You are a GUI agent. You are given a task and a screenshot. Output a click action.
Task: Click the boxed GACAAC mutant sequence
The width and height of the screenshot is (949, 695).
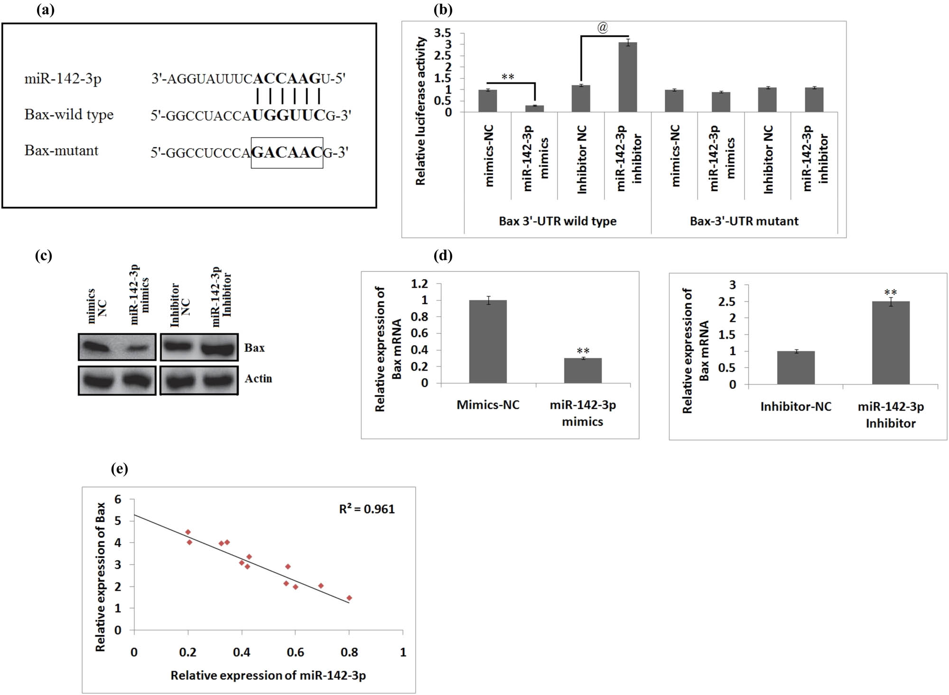pyautogui.click(x=287, y=152)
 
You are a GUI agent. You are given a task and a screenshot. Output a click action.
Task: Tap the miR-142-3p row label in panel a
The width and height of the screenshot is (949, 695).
pyautogui.click(x=63, y=78)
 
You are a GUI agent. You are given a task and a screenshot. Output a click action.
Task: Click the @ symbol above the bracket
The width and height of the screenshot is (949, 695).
pyautogui.click(x=602, y=28)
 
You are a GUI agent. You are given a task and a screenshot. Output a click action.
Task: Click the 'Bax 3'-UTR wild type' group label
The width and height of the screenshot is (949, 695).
pyautogui.click(x=558, y=221)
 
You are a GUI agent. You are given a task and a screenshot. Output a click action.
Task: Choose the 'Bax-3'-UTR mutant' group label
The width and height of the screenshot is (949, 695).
pyautogui.click(x=744, y=221)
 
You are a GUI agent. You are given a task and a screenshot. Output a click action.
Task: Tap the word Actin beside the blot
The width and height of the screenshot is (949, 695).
pyautogui.click(x=258, y=378)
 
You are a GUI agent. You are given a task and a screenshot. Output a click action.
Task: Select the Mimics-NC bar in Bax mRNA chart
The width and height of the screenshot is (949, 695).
pyautogui.click(x=488, y=341)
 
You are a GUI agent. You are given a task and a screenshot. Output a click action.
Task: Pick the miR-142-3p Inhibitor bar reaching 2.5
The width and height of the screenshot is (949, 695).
pyautogui.click(x=891, y=343)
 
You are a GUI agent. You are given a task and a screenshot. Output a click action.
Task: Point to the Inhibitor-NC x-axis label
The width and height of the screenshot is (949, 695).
pyautogui.click(x=796, y=407)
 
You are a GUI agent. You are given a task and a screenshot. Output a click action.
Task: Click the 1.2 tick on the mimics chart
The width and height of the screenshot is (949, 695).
pyautogui.click(x=419, y=284)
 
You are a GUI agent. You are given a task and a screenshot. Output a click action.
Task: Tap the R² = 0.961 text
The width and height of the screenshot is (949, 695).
pyautogui.click(x=367, y=509)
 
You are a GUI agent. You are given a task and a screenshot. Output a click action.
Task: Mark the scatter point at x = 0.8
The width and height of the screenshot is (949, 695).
pyautogui.click(x=349, y=598)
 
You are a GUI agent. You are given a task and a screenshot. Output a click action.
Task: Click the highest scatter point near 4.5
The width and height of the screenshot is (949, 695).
pyautogui.click(x=188, y=532)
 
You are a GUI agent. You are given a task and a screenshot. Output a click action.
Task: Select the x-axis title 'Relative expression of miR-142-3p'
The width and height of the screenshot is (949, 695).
pyautogui.click(x=268, y=676)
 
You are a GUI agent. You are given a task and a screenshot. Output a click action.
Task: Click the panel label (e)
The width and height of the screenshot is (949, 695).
pyautogui.click(x=120, y=469)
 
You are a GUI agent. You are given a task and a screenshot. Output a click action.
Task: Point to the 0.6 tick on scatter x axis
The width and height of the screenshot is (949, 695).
pyautogui.click(x=295, y=652)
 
